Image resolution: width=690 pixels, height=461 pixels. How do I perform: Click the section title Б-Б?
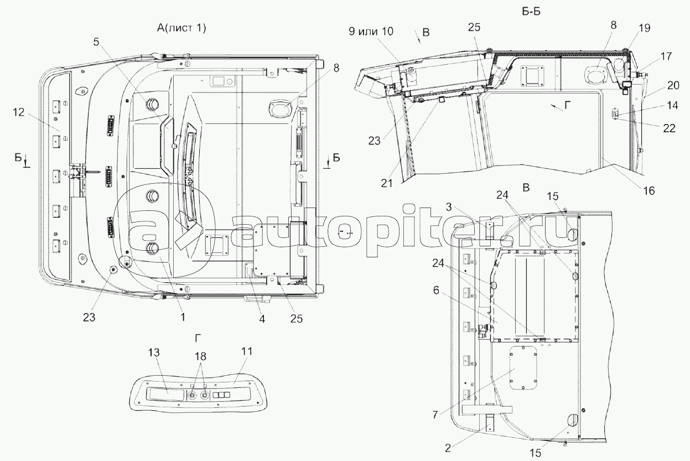(x=531, y=12)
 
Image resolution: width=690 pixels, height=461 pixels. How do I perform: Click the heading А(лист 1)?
(x=181, y=28)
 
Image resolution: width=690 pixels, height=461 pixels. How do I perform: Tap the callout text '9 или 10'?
(x=371, y=31)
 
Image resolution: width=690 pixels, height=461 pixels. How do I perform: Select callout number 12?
(x=18, y=112)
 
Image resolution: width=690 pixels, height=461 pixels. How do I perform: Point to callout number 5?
(x=96, y=42)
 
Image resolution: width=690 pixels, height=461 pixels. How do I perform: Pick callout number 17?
(x=666, y=56)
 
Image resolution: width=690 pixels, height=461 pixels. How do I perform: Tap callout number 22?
(x=669, y=128)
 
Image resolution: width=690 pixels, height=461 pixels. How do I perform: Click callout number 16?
(x=649, y=191)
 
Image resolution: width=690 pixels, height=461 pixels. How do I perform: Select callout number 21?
(x=387, y=183)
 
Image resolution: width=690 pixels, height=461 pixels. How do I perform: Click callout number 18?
(x=200, y=356)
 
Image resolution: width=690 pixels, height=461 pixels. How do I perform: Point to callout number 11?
(x=246, y=351)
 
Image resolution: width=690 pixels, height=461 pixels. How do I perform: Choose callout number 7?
(x=434, y=415)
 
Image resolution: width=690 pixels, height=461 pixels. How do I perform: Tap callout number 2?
(x=448, y=448)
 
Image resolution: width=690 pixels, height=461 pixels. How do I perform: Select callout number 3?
(x=449, y=207)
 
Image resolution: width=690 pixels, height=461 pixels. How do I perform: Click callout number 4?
(x=262, y=319)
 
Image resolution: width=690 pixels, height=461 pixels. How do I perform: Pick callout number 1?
(x=183, y=317)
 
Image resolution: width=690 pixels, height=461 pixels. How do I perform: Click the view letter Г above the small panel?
(x=198, y=338)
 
